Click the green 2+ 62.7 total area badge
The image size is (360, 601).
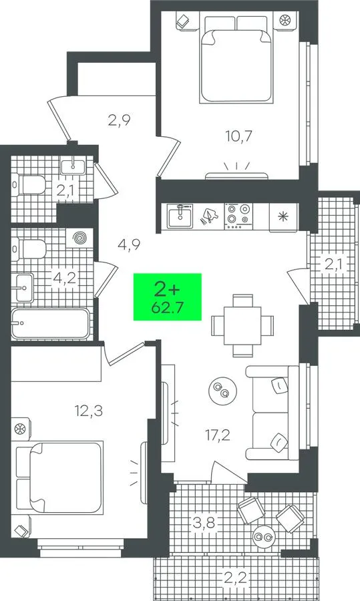click(x=167, y=296)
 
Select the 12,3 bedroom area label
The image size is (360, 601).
click(x=89, y=411)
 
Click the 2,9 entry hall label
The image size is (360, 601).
click(x=120, y=120)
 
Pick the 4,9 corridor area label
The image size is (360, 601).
click(x=129, y=244)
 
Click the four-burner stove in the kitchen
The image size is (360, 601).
click(x=238, y=217)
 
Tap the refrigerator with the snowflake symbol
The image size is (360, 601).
click(x=283, y=217)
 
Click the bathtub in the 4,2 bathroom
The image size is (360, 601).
click(x=51, y=323)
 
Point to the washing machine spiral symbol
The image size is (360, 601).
click(x=79, y=239)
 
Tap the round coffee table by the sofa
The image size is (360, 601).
click(x=222, y=391)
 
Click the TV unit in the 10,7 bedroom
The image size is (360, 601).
click(x=236, y=176)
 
